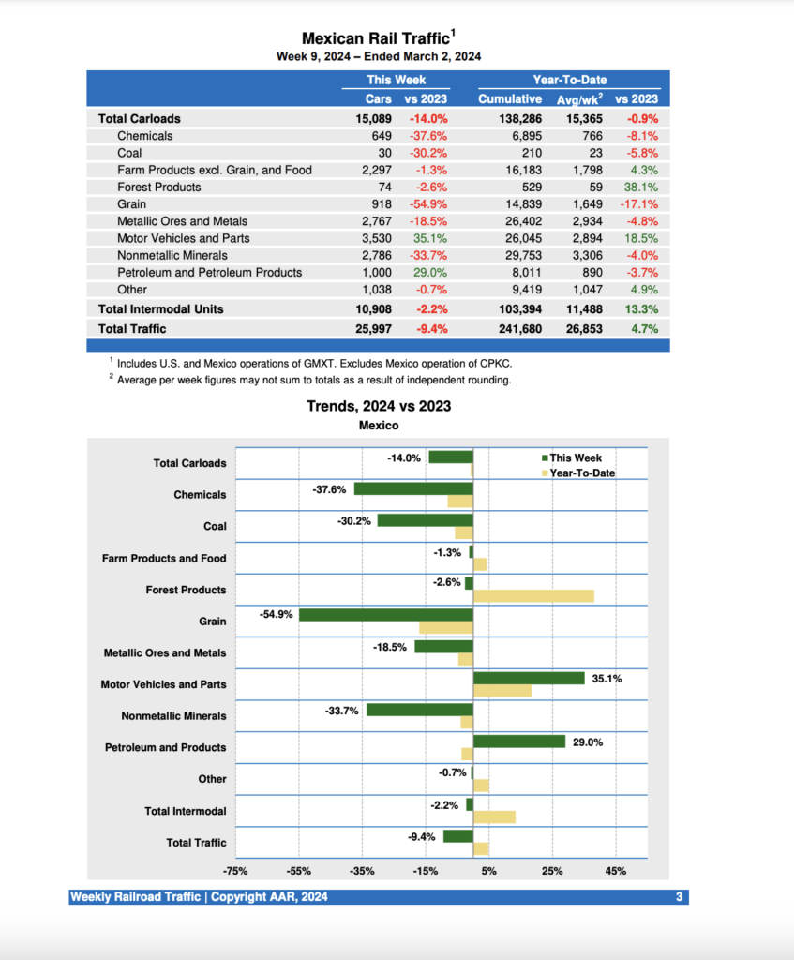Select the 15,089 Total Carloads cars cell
coord(375,119)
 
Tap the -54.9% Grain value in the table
coord(428,203)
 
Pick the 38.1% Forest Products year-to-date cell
coord(640,187)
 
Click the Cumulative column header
coord(510,98)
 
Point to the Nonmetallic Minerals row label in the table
coord(172,255)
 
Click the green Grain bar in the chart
coord(385,615)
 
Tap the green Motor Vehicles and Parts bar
coord(529,678)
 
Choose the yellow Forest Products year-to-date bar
coord(533,596)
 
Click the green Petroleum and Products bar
coord(519,742)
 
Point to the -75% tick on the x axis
coord(235,871)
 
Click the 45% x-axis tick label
coord(616,871)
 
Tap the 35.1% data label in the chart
coord(607,678)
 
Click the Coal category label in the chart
coord(215,526)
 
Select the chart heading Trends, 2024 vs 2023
coord(379,406)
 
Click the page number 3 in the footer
coord(679,897)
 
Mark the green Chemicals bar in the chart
coord(412,488)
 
